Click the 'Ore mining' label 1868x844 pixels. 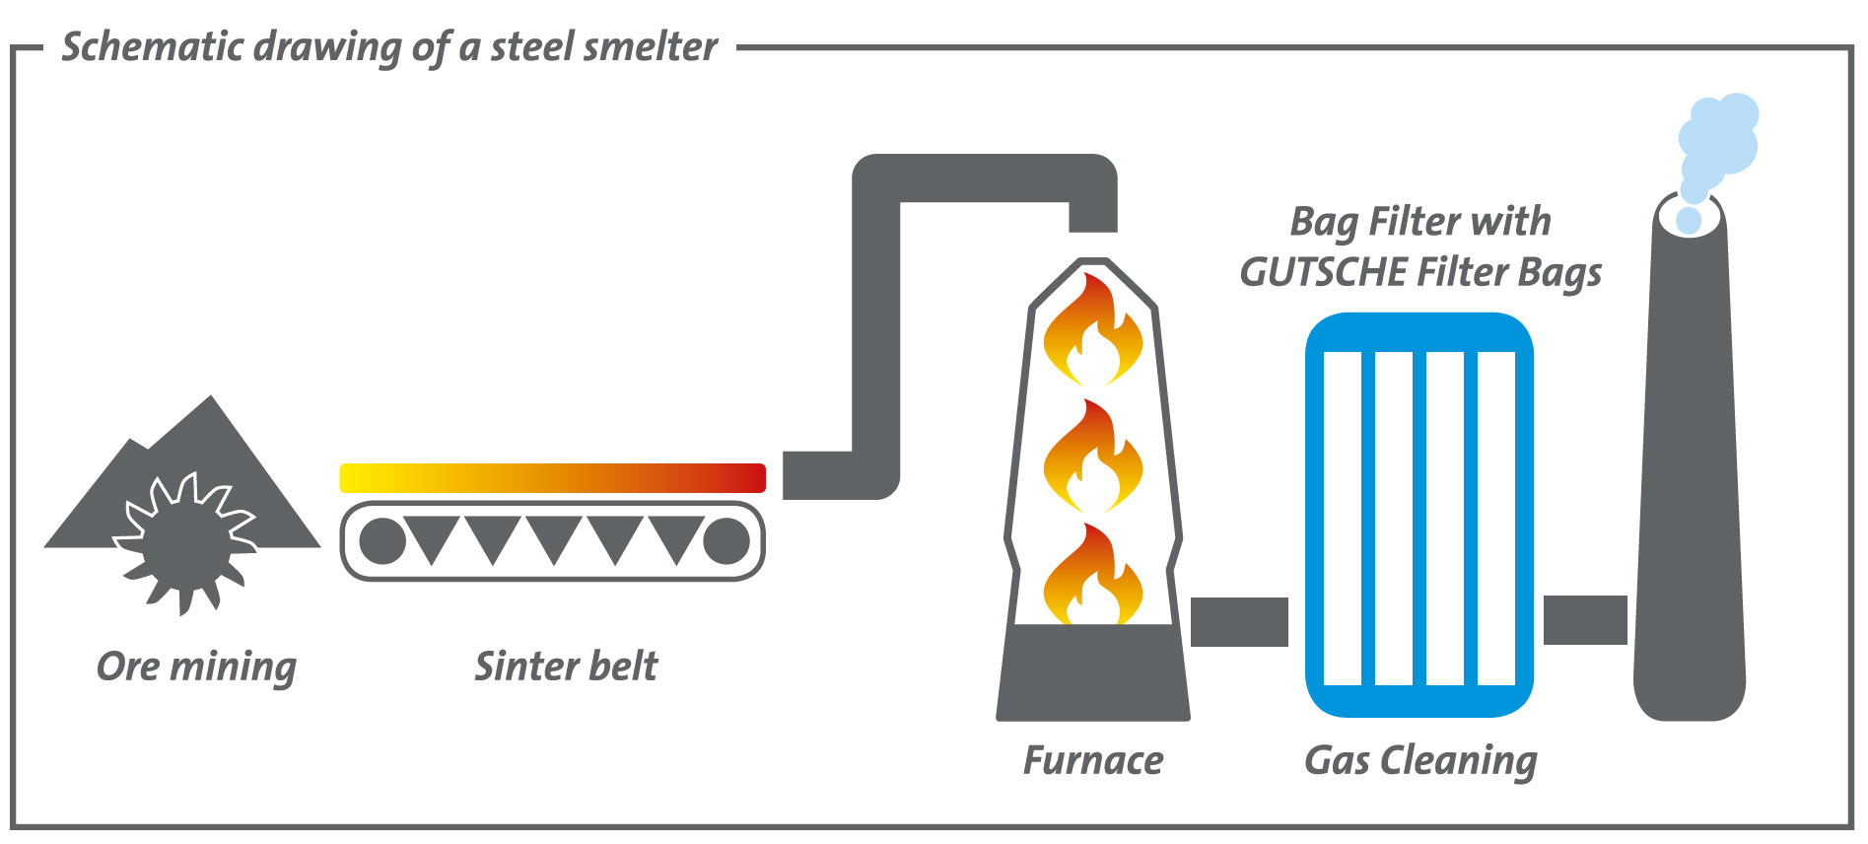click(x=196, y=668)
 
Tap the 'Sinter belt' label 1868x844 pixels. click(x=566, y=667)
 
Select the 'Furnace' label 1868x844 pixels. click(x=1092, y=761)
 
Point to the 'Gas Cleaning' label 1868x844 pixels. click(x=1420, y=761)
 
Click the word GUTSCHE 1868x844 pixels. click(x=1322, y=272)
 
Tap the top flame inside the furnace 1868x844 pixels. click(x=1092, y=333)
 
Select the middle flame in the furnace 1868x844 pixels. click(x=1092, y=458)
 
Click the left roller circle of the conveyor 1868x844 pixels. click(x=381, y=541)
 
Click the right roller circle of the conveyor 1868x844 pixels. click(x=726, y=541)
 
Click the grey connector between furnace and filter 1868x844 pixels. click(x=1239, y=622)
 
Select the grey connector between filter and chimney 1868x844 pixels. click(x=1584, y=620)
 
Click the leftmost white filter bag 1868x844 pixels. click(x=1342, y=518)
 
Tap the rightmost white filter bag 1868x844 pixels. click(x=1496, y=518)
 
